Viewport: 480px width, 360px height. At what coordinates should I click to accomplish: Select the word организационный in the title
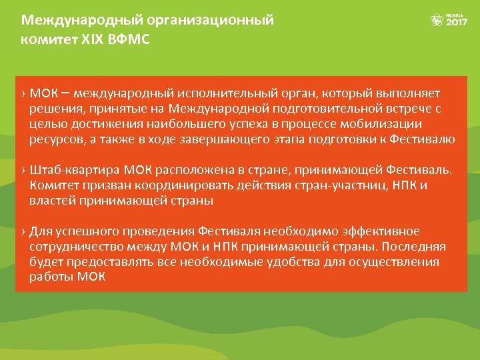219,19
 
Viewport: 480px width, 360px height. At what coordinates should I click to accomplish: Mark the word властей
53,201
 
